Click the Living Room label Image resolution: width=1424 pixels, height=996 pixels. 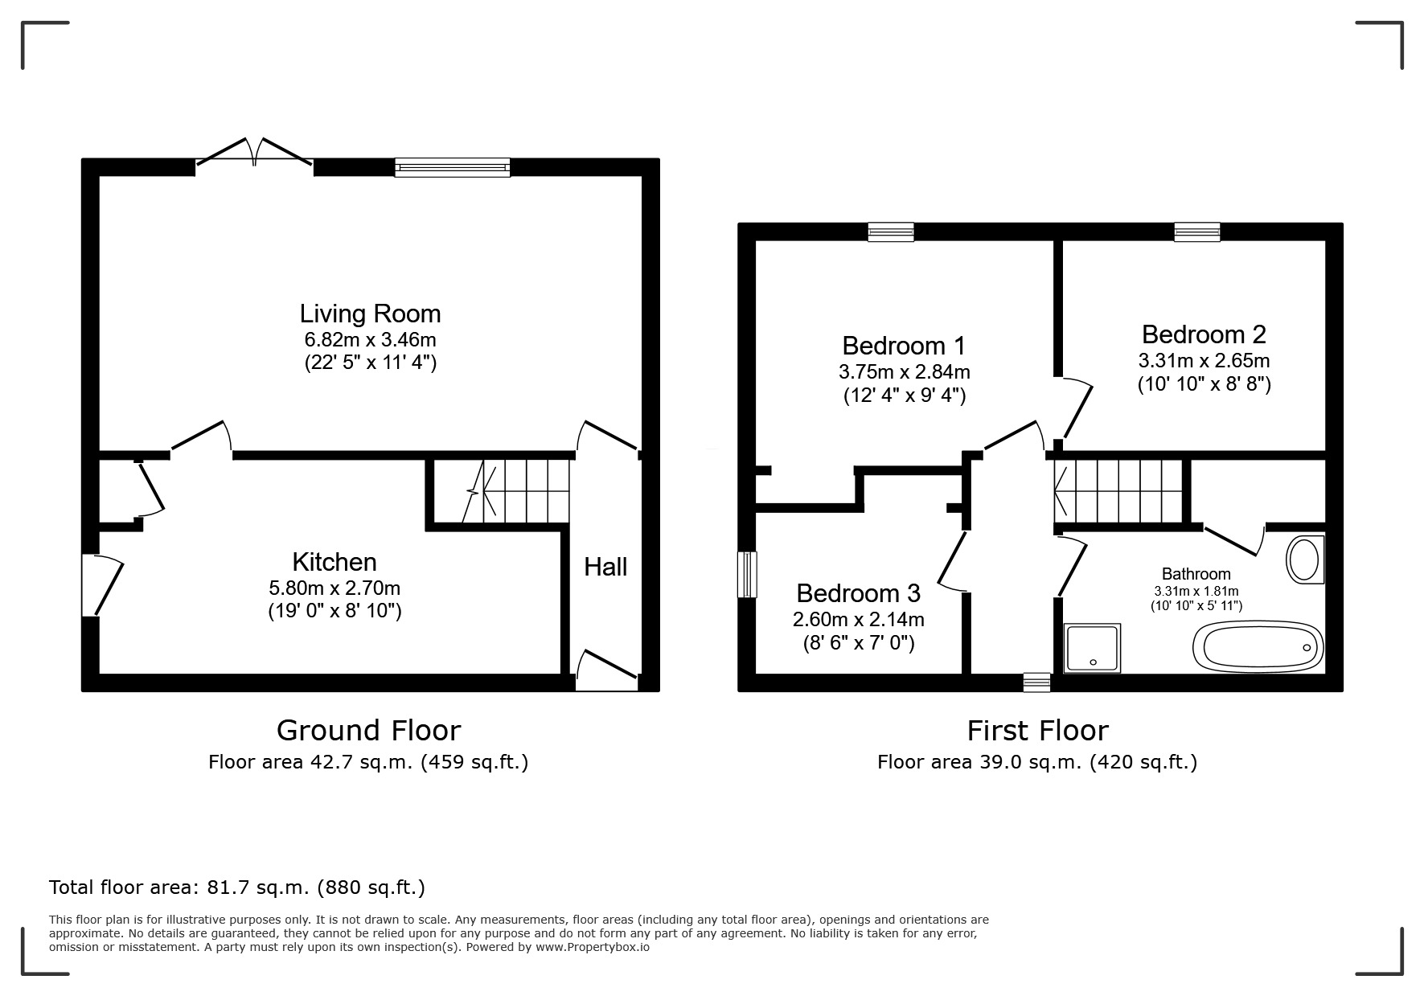pyautogui.click(x=370, y=314)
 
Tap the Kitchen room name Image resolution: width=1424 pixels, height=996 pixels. pyautogui.click(x=334, y=562)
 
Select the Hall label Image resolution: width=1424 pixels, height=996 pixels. pyautogui.click(x=605, y=568)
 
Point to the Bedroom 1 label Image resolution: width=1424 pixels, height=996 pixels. pyautogui.click(x=904, y=346)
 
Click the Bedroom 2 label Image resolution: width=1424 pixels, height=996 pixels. pyautogui.click(x=1204, y=334)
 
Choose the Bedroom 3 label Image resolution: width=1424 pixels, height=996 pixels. pyautogui.click(x=858, y=593)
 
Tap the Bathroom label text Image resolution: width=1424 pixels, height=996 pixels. pyautogui.click(x=1196, y=574)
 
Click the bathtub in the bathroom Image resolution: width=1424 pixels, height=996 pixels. pyautogui.click(x=1258, y=646)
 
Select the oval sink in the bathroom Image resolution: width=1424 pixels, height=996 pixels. pyautogui.click(x=1304, y=559)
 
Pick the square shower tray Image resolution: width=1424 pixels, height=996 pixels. pyautogui.click(x=1092, y=648)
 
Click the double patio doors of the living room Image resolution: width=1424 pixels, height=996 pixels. pyautogui.click(x=255, y=153)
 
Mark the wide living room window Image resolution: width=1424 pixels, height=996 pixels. pyautogui.click(x=453, y=167)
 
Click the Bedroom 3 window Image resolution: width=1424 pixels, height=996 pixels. pyautogui.click(x=748, y=575)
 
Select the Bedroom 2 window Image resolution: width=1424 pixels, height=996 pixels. pyautogui.click(x=1197, y=232)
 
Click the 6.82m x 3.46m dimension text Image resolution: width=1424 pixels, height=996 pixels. pyautogui.click(x=370, y=339)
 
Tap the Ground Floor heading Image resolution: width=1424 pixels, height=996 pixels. pyautogui.click(x=369, y=730)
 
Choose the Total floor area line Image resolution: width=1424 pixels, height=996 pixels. pyautogui.click(x=237, y=887)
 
